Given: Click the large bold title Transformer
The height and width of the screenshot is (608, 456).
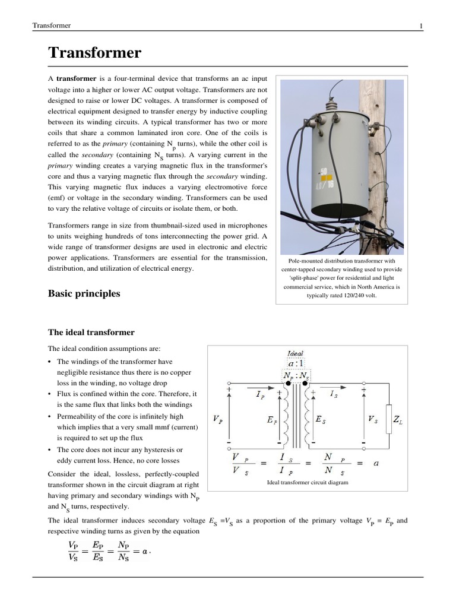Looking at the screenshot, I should (x=94, y=53).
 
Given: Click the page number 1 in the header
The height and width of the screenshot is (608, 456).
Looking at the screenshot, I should (x=421, y=26).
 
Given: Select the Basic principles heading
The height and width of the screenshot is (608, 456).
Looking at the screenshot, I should (x=84, y=293).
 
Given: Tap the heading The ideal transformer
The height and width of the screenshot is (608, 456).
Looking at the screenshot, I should (x=91, y=332).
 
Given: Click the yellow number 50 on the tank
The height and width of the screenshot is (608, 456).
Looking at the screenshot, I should (x=323, y=173).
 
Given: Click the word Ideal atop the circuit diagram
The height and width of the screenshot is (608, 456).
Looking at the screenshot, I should (x=295, y=354).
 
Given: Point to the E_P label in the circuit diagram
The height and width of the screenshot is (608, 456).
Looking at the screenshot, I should (x=273, y=419).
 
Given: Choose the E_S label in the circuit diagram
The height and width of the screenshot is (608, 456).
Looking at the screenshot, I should (x=320, y=419).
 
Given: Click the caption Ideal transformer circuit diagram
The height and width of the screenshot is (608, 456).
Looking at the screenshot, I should (x=308, y=482).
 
